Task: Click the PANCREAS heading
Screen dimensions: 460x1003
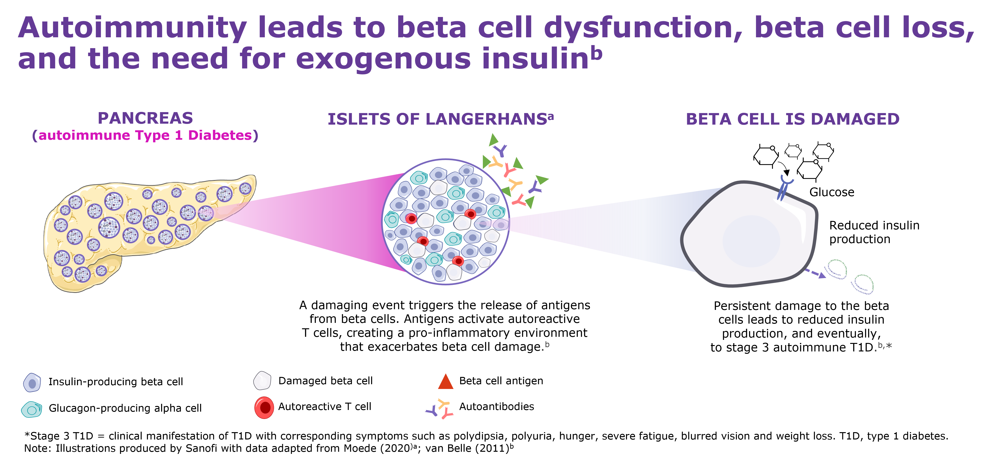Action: click(x=145, y=118)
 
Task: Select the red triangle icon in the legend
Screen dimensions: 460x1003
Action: click(x=446, y=382)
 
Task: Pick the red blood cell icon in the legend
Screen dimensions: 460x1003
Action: click(x=264, y=407)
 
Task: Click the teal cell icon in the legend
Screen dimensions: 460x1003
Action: click(x=32, y=409)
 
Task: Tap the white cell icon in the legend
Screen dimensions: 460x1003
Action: click(x=262, y=381)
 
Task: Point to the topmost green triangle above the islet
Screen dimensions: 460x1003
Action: click(x=493, y=139)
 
